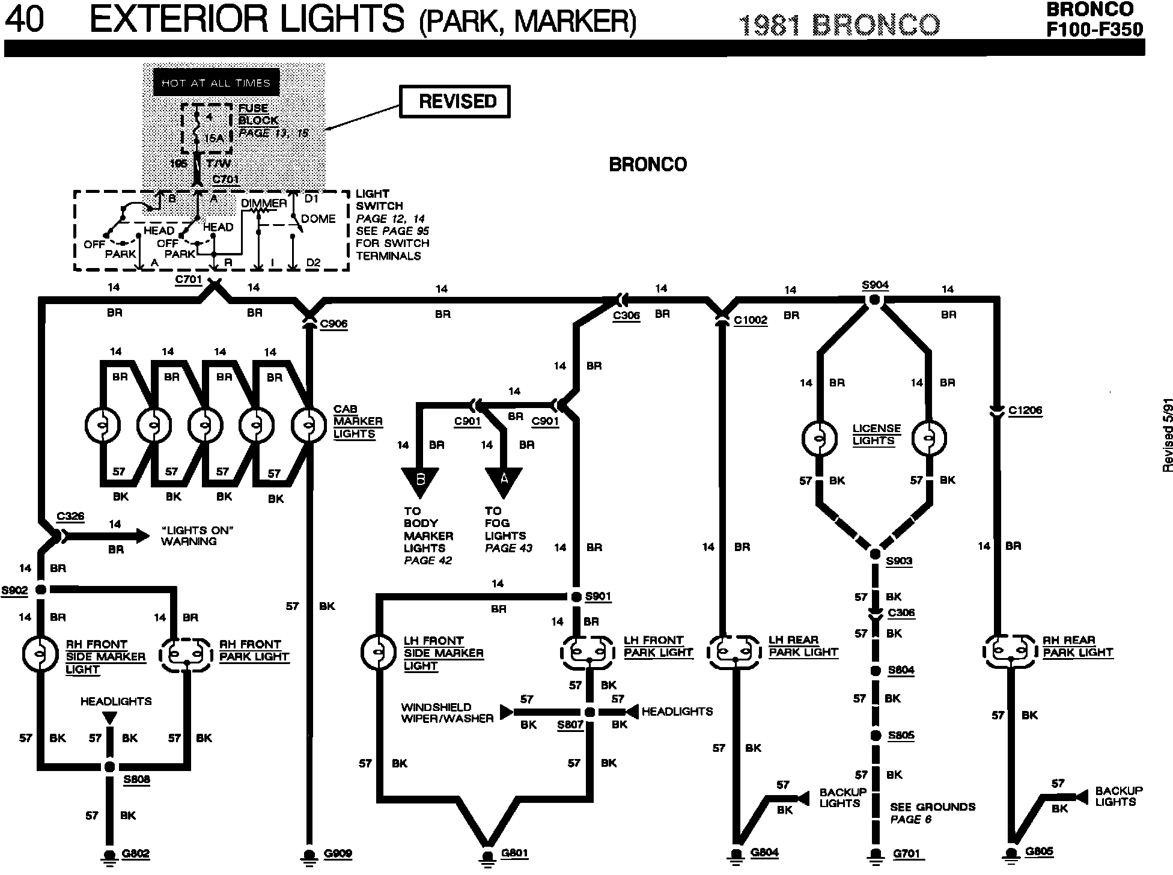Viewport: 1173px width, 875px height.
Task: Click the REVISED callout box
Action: (x=455, y=102)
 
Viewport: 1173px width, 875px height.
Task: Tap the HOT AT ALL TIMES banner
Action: (x=216, y=83)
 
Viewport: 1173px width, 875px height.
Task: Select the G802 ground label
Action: (x=135, y=854)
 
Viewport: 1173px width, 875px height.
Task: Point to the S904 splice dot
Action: (x=875, y=299)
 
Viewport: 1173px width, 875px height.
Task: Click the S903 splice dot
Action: (x=875, y=553)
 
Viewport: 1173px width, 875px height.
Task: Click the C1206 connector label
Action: (x=1025, y=411)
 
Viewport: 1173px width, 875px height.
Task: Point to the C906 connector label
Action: (x=334, y=325)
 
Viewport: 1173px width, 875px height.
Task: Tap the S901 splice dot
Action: (x=576, y=597)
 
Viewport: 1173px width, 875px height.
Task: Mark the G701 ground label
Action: (x=907, y=854)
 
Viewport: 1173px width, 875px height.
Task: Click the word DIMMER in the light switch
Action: (x=264, y=203)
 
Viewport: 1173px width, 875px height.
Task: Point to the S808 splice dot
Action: (x=109, y=767)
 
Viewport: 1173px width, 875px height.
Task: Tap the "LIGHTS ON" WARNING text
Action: (x=197, y=535)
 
